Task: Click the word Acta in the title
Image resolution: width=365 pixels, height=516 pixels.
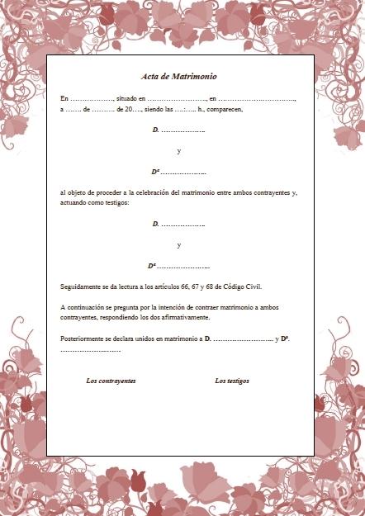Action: [149, 76]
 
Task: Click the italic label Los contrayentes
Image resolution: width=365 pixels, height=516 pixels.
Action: [111, 381]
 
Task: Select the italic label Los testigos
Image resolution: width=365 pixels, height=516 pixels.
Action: [232, 381]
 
